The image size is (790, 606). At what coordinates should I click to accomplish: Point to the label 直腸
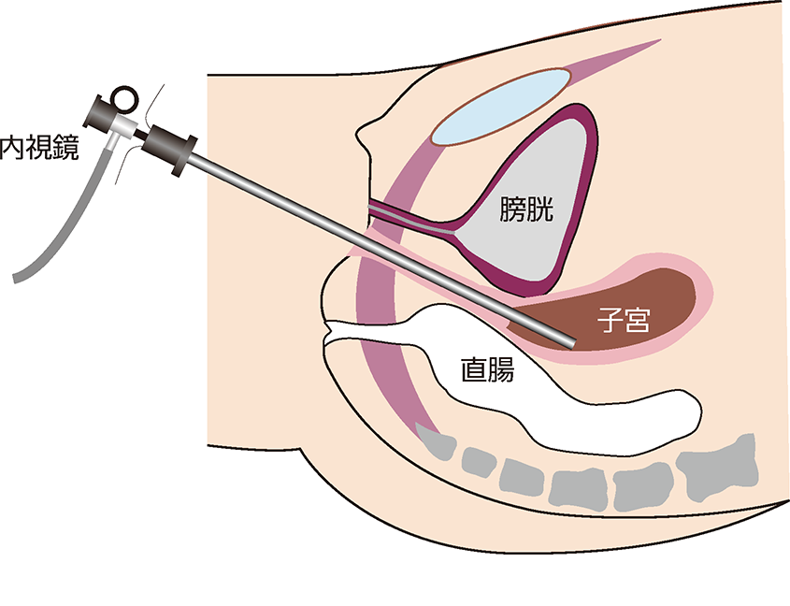point(487,371)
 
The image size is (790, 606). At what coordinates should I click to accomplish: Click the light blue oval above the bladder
point(505,109)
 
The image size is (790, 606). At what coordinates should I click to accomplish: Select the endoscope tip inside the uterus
point(566,341)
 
